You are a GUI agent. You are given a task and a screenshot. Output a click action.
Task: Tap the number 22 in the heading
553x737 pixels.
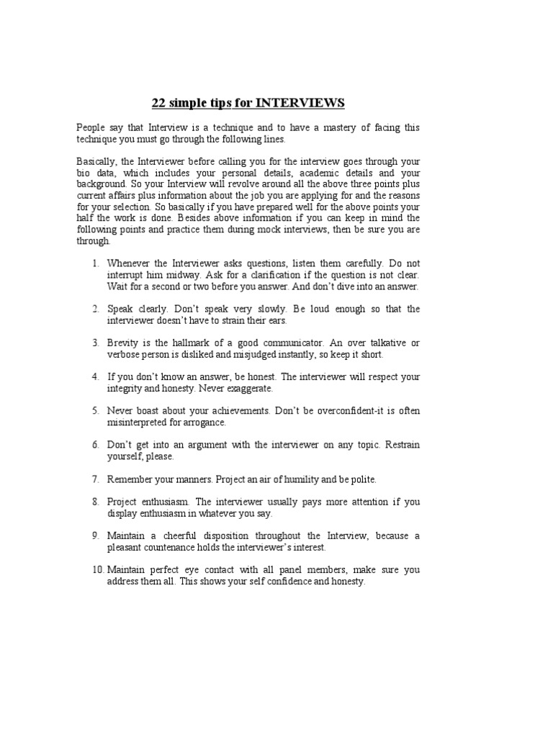[x=159, y=103]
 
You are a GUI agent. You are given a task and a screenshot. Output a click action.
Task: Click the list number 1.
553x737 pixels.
[x=95, y=263]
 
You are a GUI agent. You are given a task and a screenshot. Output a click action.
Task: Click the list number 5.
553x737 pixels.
[x=95, y=411]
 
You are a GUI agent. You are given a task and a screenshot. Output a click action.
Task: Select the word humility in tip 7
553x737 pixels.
[x=310, y=479]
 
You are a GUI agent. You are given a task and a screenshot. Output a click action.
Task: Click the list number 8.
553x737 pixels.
[x=95, y=502]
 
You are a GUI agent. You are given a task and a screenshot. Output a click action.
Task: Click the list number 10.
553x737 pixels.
[x=97, y=570]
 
